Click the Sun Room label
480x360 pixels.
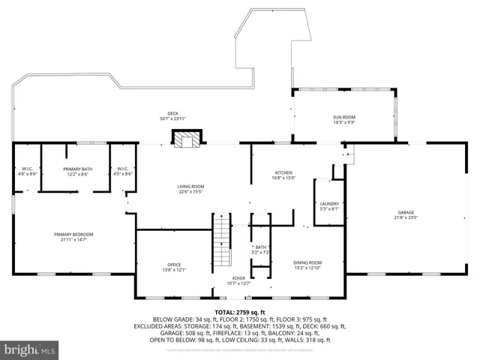point(344,117)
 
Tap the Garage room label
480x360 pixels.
point(406,212)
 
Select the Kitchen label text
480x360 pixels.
point(283,172)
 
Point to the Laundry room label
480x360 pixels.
point(329,204)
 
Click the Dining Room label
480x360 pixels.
point(307,262)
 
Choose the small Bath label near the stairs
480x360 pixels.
point(260,247)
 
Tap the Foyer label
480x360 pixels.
point(238,277)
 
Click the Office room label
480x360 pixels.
point(174,264)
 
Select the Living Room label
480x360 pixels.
point(190,186)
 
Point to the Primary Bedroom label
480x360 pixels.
point(73,235)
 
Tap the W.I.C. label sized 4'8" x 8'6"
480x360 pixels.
point(27,169)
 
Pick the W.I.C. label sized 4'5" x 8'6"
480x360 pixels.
point(122,169)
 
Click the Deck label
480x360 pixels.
point(172,113)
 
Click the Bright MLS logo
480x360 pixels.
point(30,350)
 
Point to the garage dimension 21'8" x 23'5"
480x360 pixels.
point(406,217)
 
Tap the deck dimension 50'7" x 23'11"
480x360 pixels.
point(172,118)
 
